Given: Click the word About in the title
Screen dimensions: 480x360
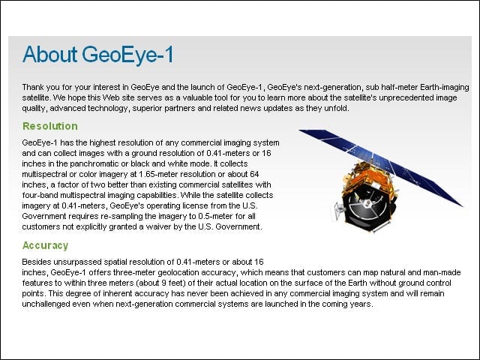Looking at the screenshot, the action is click(49, 55).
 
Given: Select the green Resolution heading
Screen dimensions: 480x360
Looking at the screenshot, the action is click(50, 126).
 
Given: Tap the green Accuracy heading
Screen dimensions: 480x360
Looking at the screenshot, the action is click(45, 245).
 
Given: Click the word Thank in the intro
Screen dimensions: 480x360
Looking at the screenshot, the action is click(31, 87).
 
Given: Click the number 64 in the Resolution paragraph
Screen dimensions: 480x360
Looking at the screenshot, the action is click(254, 174).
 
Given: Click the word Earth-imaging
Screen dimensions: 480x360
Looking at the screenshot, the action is click(445, 88).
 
